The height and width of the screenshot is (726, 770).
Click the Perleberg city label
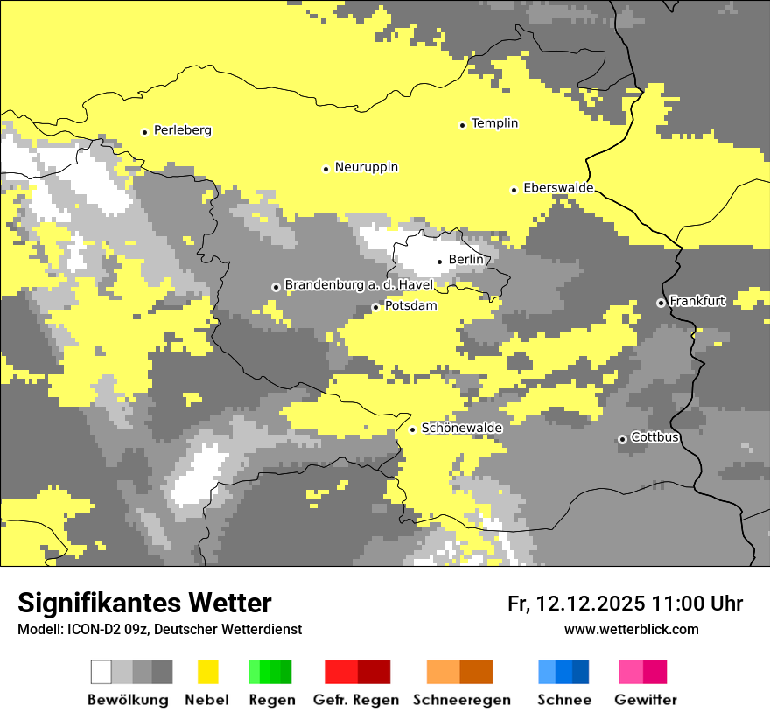coord(182,130)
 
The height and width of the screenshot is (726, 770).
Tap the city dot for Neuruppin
coord(325,169)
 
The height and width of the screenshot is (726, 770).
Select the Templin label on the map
coord(494,123)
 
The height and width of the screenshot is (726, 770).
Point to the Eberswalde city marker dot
coord(514,190)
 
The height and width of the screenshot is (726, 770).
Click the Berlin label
coord(465,260)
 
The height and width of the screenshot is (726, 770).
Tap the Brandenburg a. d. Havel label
coord(358,285)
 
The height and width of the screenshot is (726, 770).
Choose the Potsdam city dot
coord(375,307)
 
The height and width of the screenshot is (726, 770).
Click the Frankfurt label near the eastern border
coord(697,301)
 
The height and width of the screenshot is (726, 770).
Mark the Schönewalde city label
coord(462,428)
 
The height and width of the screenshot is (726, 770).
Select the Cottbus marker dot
coord(622,439)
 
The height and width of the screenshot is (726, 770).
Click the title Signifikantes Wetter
coord(144,604)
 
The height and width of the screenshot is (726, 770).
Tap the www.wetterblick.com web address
coord(631,630)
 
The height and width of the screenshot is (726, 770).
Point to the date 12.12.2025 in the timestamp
coord(591,604)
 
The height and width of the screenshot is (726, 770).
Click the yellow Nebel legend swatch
coord(208,672)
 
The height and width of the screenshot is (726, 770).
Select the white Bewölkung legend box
coord(101,672)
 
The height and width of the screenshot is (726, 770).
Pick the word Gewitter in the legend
coord(646,700)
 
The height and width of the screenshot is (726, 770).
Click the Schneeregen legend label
coord(462,700)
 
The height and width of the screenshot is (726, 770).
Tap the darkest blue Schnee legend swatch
coord(581,672)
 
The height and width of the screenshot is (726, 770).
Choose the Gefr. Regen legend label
coord(356,700)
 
